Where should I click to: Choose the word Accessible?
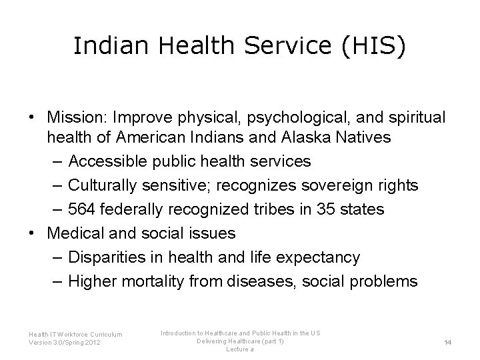point(102,161)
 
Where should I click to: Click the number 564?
point(82,209)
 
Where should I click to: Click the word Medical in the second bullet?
point(73,233)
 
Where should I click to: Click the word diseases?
point(260,281)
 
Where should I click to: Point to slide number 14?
point(448,342)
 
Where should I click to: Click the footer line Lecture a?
point(240,349)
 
